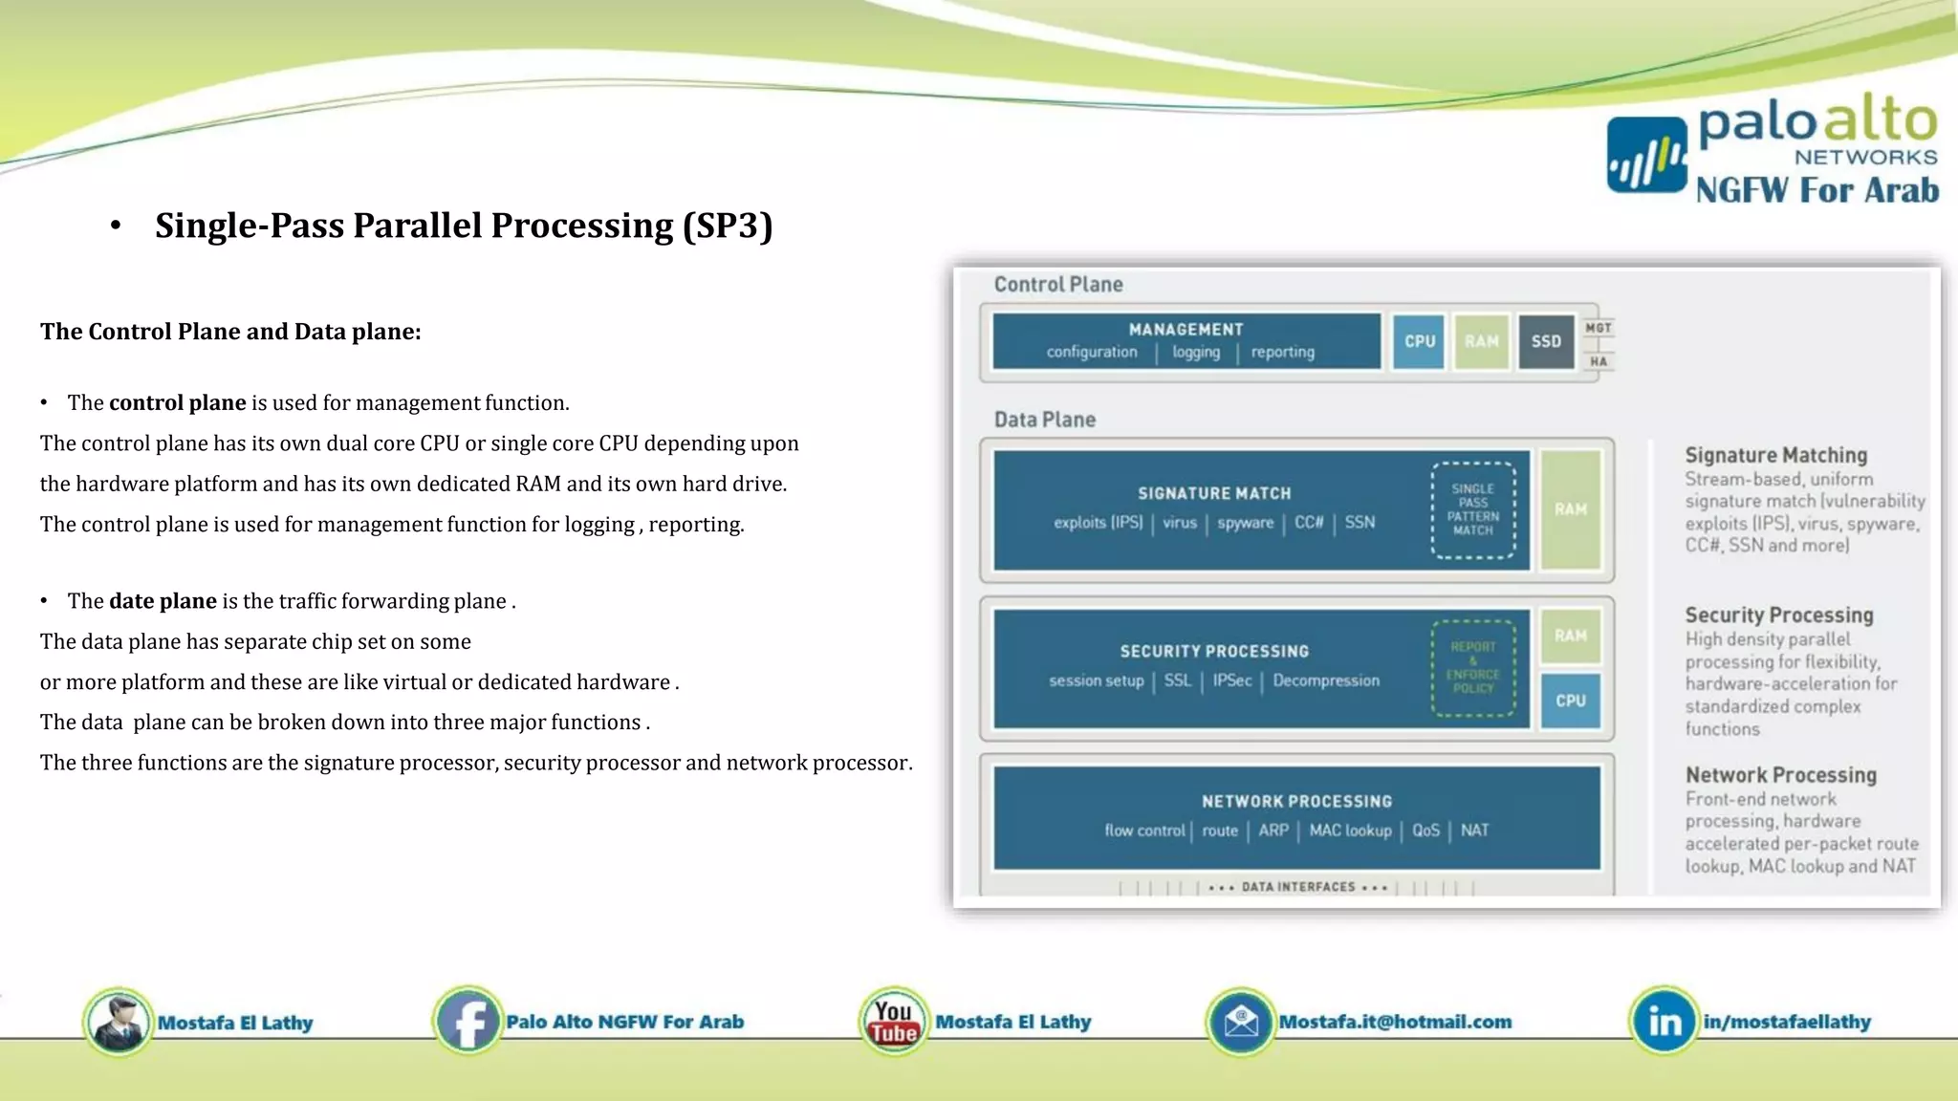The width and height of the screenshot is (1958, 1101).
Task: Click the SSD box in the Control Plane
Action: (x=1546, y=341)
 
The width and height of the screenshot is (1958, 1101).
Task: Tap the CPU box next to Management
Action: (x=1419, y=341)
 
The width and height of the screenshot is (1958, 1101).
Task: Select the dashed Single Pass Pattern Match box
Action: (x=1472, y=509)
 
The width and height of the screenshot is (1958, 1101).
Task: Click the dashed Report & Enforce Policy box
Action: (x=1472, y=667)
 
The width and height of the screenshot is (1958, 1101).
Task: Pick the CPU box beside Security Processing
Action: (x=1570, y=701)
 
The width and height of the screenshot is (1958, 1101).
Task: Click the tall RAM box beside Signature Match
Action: (x=1570, y=509)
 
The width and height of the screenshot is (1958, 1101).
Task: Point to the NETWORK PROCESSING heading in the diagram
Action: (x=1296, y=801)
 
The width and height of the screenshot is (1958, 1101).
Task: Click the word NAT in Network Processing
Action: (x=1474, y=831)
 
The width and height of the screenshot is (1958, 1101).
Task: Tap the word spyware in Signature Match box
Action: (x=1245, y=523)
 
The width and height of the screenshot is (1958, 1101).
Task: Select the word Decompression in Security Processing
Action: (x=1326, y=680)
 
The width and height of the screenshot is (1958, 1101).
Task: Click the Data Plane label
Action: (x=1044, y=420)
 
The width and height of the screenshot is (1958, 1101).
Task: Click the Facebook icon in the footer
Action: (x=468, y=1022)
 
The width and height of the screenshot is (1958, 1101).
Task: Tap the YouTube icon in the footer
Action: (x=893, y=1022)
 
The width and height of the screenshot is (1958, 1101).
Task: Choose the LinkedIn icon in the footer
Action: (x=1664, y=1022)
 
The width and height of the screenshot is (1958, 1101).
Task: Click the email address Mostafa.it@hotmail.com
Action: (x=1395, y=1022)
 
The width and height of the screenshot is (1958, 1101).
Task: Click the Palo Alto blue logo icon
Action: (x=1646, y=156)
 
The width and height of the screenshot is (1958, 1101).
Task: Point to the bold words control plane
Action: (x=177, y=402)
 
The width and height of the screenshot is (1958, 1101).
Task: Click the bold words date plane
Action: (x=163, y=601)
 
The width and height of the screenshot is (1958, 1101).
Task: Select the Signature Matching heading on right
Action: (x=1775, y=455)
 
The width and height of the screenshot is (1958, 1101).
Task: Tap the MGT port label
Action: (x=1598, y=328)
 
